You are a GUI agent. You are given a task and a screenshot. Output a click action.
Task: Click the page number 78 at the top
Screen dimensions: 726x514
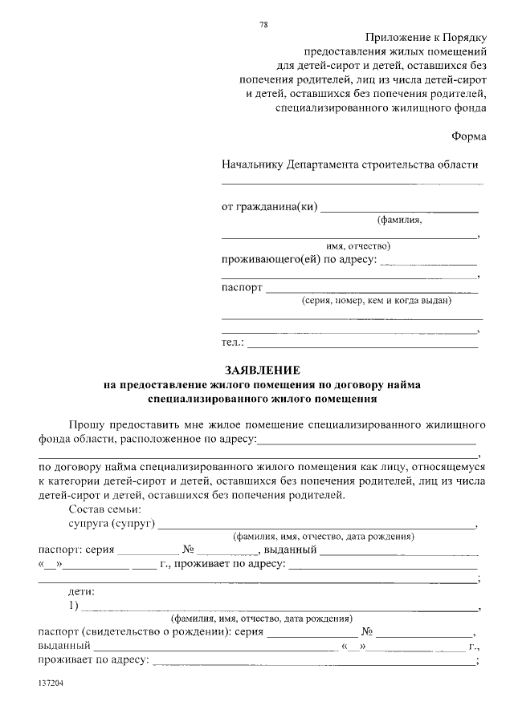tap(263, 25)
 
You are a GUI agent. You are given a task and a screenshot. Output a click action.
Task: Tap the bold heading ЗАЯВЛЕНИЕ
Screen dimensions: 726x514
tap(262, 371)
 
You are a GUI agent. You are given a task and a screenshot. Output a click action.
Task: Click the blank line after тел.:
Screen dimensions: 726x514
tap(361, 346)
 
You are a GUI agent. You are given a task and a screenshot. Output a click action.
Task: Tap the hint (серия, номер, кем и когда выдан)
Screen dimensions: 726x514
tap(376, 301)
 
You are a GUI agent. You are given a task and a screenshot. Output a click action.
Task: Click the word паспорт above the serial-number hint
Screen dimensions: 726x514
tap(242, 286)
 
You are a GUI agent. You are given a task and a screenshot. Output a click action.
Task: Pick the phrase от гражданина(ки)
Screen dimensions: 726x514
tap(269, 207)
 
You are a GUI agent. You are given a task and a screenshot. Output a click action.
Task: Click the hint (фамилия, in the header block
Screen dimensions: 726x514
tap(399, 220)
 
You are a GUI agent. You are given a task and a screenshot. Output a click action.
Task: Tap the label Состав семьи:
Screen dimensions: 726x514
tap(105, 509)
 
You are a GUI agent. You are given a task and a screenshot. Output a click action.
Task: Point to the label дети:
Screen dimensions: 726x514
tap(82, 591)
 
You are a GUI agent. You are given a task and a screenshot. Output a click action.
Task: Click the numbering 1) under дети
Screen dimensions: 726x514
tap(74, 606)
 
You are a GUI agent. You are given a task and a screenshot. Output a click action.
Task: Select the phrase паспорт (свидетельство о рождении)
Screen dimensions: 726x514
tap(133, 632)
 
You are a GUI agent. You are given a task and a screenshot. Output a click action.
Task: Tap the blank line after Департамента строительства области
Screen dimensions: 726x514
tap(352, 183)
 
